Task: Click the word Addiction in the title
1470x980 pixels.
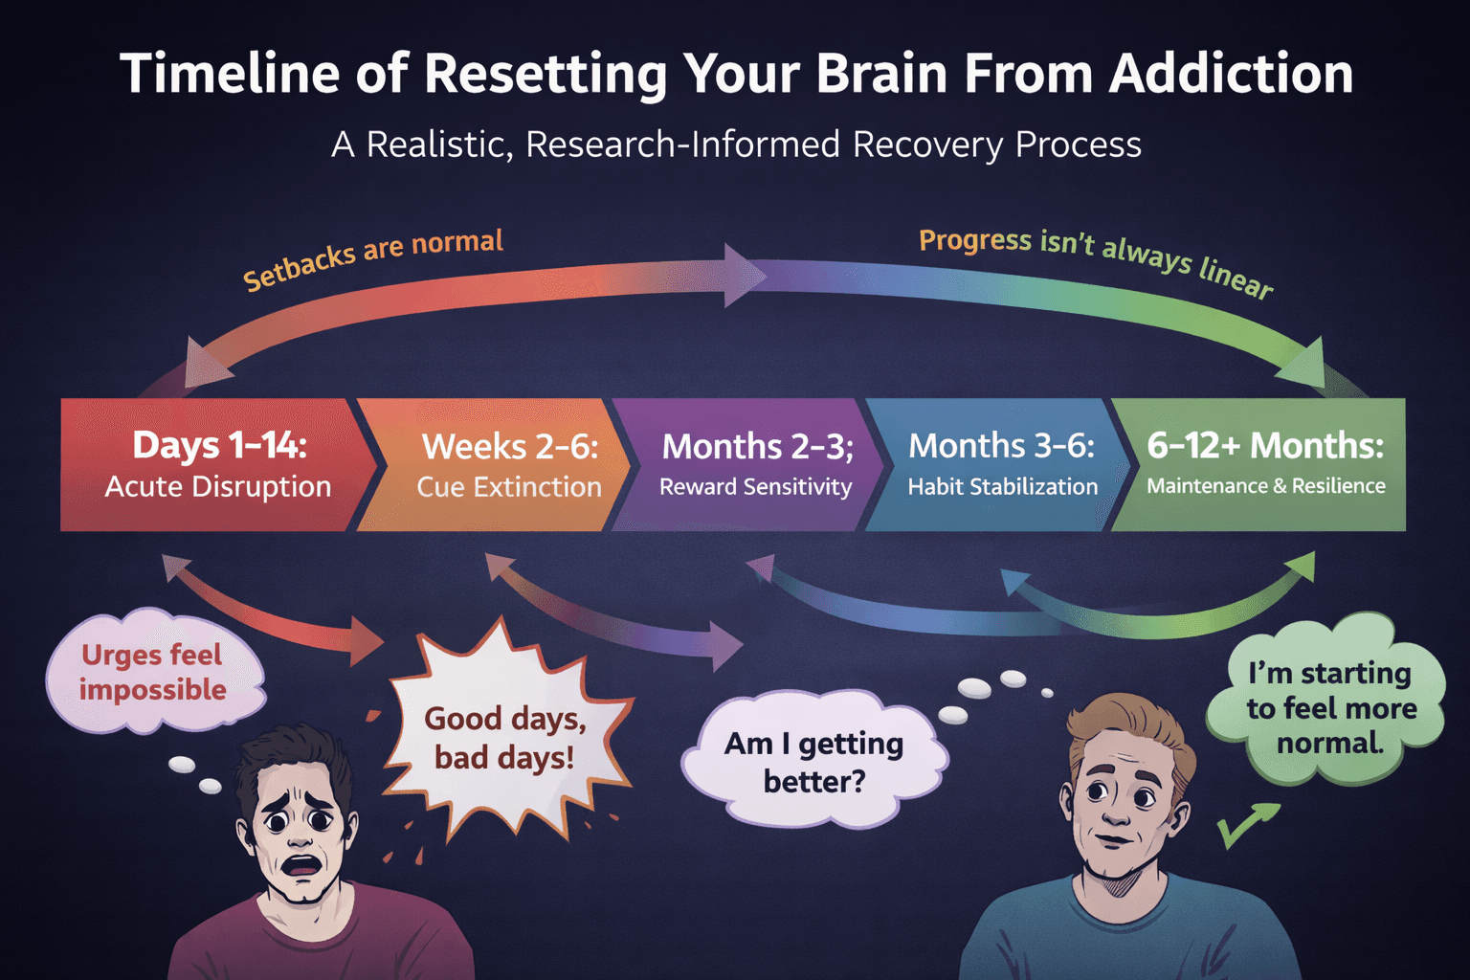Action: click(x=1231, y=75)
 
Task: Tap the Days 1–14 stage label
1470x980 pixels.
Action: click(x=219, y=445)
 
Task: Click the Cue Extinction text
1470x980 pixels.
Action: click(x=508, y=487)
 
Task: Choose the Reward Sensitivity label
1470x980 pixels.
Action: click(x=755, y=487)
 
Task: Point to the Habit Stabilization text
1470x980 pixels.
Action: click(x=1002, y=487)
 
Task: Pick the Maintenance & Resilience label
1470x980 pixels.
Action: click(x=1265, y=486)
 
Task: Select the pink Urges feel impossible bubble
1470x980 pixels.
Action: click(x=153, y=672)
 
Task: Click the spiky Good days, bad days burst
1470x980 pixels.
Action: click(x=504, y=738)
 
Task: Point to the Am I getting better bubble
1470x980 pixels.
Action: click(x=813, y=762)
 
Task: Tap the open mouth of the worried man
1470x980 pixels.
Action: click(x=303, y=865)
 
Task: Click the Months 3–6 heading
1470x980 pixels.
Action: click(x=1001, y=446)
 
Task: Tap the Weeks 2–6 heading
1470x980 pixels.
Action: click(x=509, y=446)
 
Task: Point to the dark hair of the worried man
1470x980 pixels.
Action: click(x=292, y=751)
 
